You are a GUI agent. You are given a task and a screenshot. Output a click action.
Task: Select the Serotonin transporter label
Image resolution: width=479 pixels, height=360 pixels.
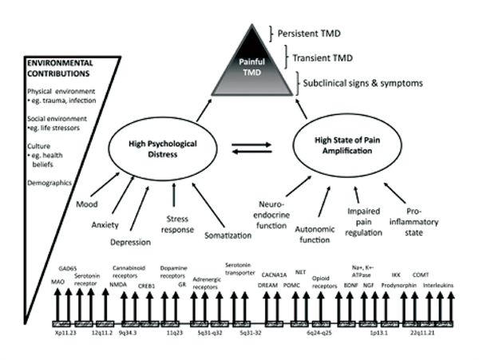[239, 267]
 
